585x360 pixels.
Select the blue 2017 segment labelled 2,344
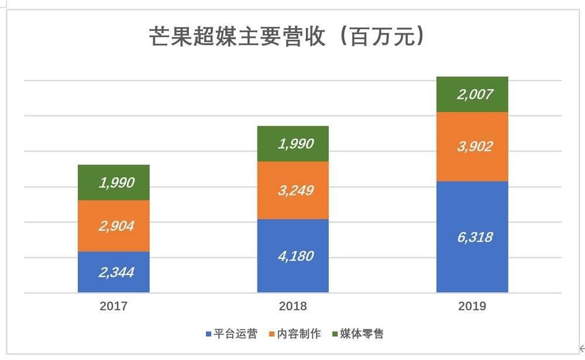click(x=113, y=272)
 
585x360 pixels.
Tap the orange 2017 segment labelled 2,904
click(x=113, y=226)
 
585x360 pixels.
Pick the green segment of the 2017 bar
click(x=113, y=183)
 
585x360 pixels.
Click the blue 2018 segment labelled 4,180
click(x=292, y=256)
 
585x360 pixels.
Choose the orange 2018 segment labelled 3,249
click(x=292, y=190)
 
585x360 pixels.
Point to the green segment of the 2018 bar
click(x=292, y=144)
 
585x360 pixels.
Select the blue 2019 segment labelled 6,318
click(x=472, y=237)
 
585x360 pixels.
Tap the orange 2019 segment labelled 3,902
click(x=472, y=146)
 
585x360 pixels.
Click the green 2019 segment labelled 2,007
click(x=472, y=94)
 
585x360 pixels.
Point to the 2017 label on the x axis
click(x=113, y=306)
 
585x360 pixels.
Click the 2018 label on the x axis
click(x=292, y=306)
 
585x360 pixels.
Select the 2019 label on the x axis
click(x=472, y=306)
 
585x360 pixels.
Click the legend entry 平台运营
click(x=235, y=334)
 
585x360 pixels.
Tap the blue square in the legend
click(x=209, y=334)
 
